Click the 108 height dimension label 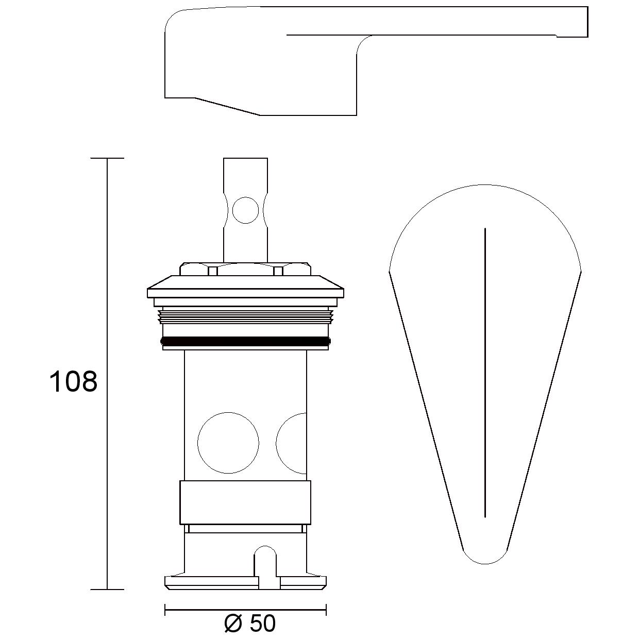[x=73, y=381]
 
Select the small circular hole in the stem [x=245, y=210]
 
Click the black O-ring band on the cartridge [x=245, y=341]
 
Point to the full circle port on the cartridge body [x=228, y=443]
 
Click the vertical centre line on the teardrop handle [x=485, y=373]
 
